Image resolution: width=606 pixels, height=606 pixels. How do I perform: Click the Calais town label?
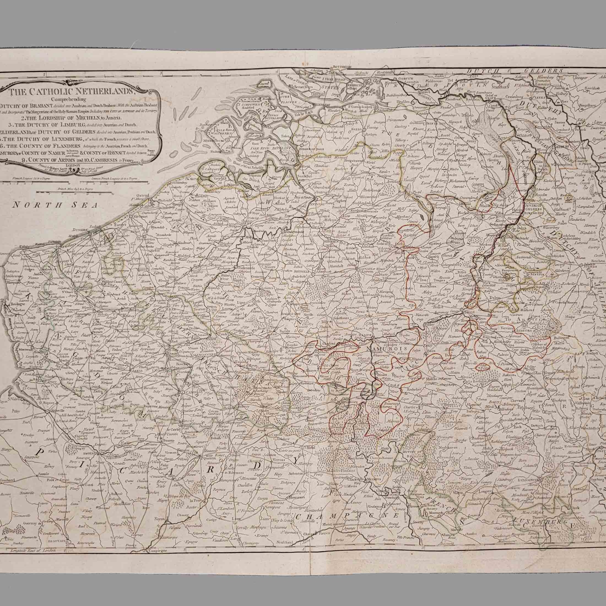(14, 247)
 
